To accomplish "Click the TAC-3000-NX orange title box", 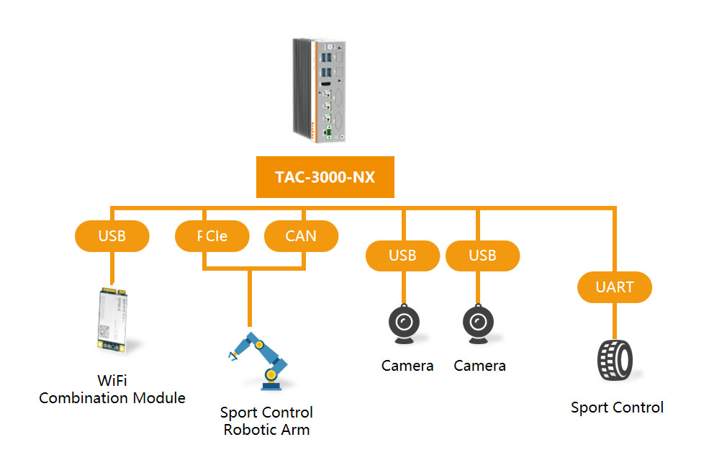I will [325, 176].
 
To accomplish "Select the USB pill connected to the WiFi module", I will [112, 236].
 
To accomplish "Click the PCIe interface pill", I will [212, 236].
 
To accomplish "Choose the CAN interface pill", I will [301, 236].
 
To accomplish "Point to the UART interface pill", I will [615, 287].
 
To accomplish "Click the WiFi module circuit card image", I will [112, 320].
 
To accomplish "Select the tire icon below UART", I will [615, 360].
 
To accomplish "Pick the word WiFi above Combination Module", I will [112, 380].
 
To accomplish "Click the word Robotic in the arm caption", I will [248, 430].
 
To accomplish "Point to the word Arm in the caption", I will [296, 430].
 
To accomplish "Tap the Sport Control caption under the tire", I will [617, 407].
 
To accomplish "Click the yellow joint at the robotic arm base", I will [271, 374].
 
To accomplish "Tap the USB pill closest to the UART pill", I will [482, 256].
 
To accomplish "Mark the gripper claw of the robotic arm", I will [232, 353].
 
